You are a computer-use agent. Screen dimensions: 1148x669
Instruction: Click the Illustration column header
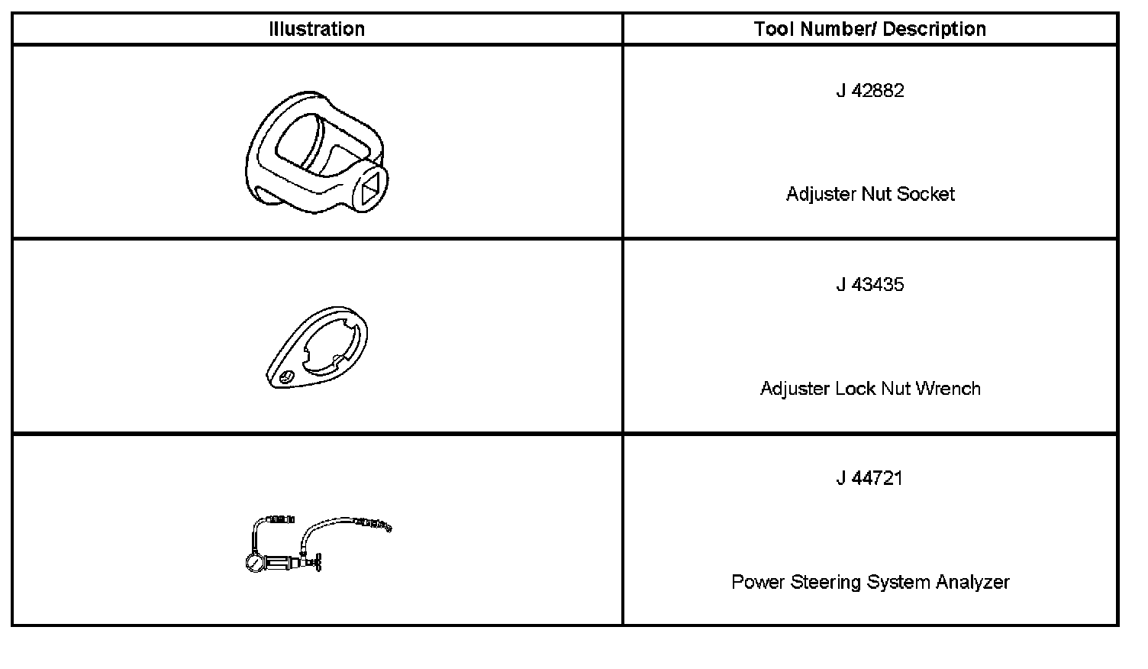point(317,29)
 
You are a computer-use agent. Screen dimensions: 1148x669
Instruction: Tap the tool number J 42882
point(870,91)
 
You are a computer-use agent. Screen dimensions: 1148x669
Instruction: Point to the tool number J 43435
point(870,285)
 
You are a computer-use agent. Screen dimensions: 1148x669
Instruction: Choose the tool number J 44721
point(870,479)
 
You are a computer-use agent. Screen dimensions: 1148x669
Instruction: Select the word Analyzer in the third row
point(972,582)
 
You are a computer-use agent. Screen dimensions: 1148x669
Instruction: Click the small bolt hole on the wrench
point(287,376)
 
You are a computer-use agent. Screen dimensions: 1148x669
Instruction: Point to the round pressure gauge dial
point(254,563)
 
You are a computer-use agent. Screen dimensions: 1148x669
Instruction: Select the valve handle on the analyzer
point(319,563)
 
